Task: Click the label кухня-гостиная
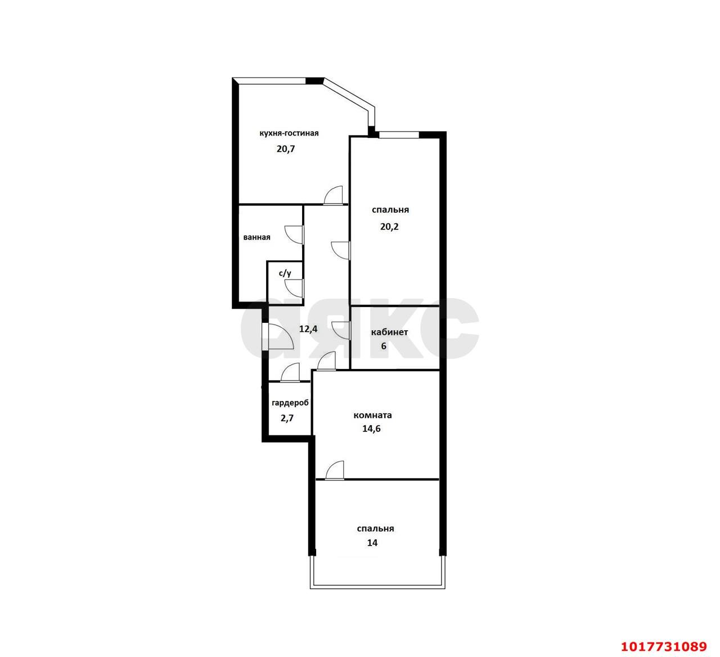pos(289,133)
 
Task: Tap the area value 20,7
pos(286,149)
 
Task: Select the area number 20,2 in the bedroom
pos(389,227)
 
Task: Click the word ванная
pos(256,237)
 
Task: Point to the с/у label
pos(285,273)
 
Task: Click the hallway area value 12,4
pos(308,329)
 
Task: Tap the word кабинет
pos(389,332)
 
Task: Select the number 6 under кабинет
pos(384,346)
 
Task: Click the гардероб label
pos(290,403)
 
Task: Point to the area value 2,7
pos(287,418)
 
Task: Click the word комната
pos(372,415)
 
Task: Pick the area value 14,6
pos(371,429)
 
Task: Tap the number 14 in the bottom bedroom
pos(372,543)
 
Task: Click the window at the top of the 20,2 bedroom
pos(399,135)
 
